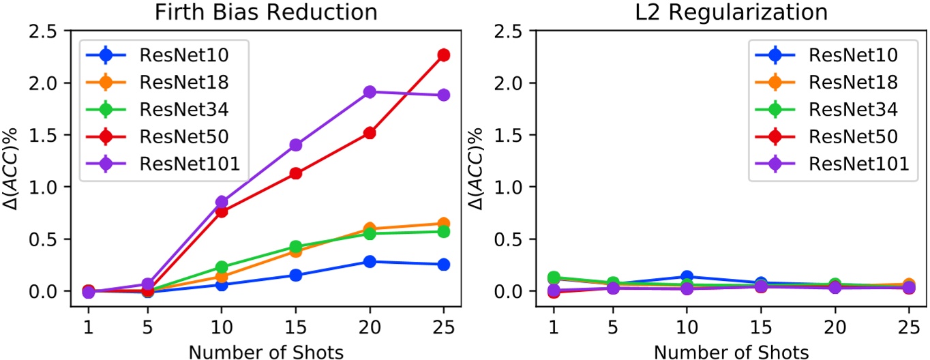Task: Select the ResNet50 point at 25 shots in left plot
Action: coord(443,55)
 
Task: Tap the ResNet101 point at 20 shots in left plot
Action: coord(370,91)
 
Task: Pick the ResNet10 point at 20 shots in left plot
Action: coord(370,262)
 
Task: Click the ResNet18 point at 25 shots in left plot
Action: coord(443,224)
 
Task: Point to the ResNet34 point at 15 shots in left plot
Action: coord(296,247)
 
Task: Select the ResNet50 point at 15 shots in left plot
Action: coord(296,173)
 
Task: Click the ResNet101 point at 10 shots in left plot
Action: coord(222,202)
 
